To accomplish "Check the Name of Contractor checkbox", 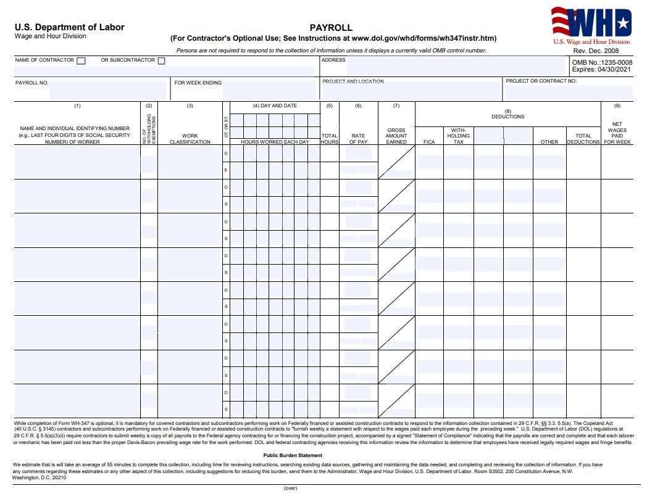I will pos(81,60).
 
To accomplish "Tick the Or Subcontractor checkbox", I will pos(161,60).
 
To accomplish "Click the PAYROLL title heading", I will pos(331,28).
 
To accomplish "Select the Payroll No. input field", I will pos(107,91).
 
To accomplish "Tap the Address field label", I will pos(333,60).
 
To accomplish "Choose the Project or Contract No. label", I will pos(541,81).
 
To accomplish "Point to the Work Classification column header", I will pos(190,139).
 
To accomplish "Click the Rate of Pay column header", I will pos(358,139).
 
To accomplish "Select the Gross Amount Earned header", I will pos(396,136).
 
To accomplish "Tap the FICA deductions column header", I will pos(429,142).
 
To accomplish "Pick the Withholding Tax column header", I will pos(458,136).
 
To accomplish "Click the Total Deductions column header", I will pos(583,139).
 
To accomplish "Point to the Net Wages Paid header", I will pos(617,133).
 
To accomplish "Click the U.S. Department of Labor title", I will pos(70,27).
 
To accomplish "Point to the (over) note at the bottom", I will pos(291,488).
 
